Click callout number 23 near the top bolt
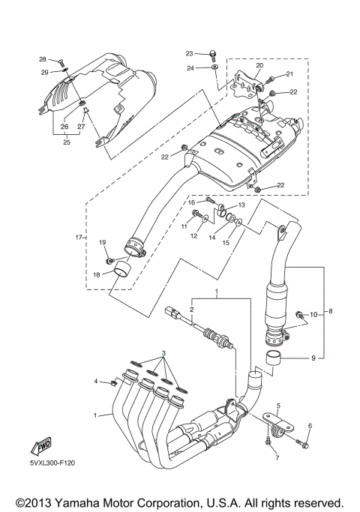point(190,53)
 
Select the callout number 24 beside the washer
point(190,67)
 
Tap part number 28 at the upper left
point(43,58)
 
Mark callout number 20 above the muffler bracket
point(260,66)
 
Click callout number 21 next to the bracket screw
point(290,74)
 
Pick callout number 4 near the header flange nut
point(97,382)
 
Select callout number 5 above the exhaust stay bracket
point(277,405)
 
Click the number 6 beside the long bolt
point(309,427)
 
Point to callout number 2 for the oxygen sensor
point(192,309)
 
